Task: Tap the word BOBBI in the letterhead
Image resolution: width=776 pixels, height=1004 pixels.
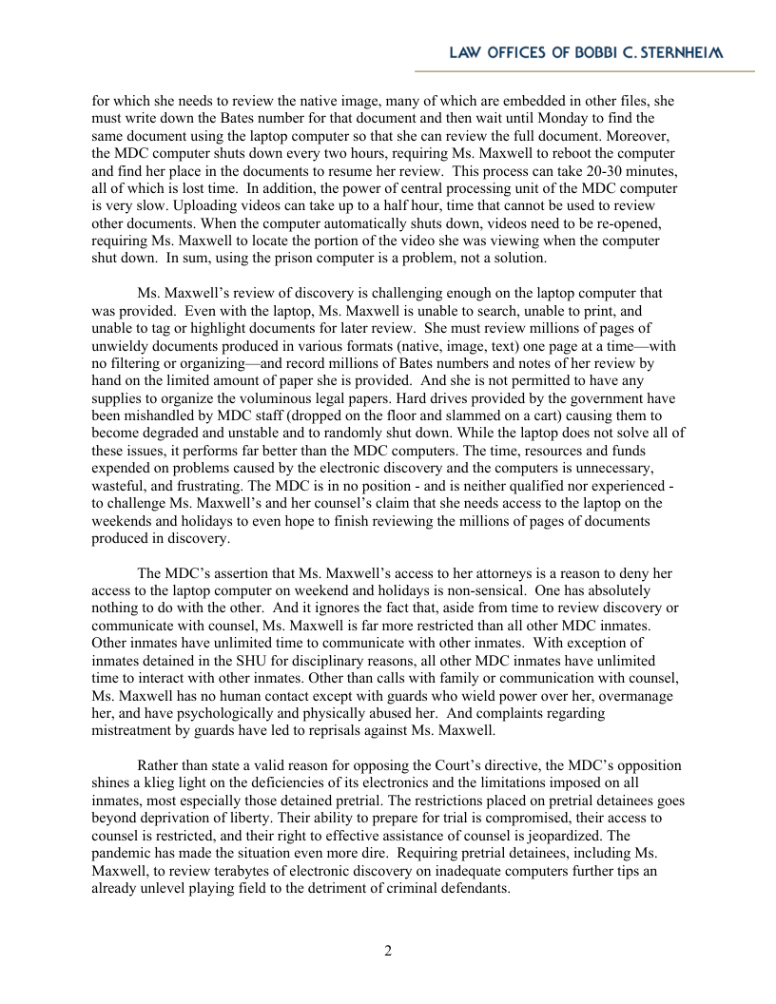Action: tap(572, 53)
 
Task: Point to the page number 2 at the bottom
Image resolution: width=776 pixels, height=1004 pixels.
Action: tap(388, 951)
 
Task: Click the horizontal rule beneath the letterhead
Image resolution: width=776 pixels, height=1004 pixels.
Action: tap(584, 71)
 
